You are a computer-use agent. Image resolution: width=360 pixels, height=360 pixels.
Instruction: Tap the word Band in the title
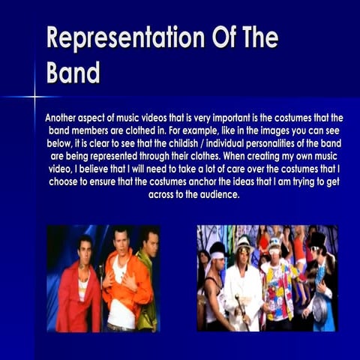(73, 73)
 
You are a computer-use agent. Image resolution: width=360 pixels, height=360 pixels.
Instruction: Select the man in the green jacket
(148, 289)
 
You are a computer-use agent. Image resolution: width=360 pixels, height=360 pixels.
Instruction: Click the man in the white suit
(241, 292)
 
